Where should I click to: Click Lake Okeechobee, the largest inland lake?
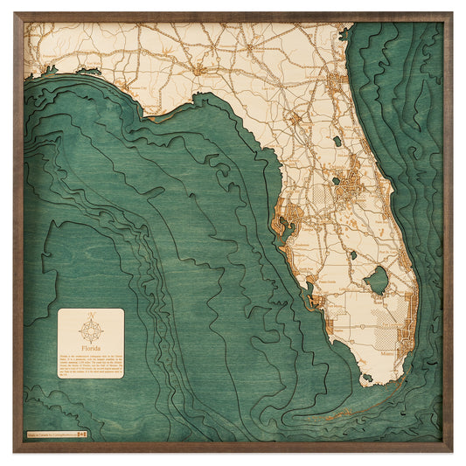coord(376,280)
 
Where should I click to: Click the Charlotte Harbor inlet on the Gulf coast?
coord(311,297)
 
